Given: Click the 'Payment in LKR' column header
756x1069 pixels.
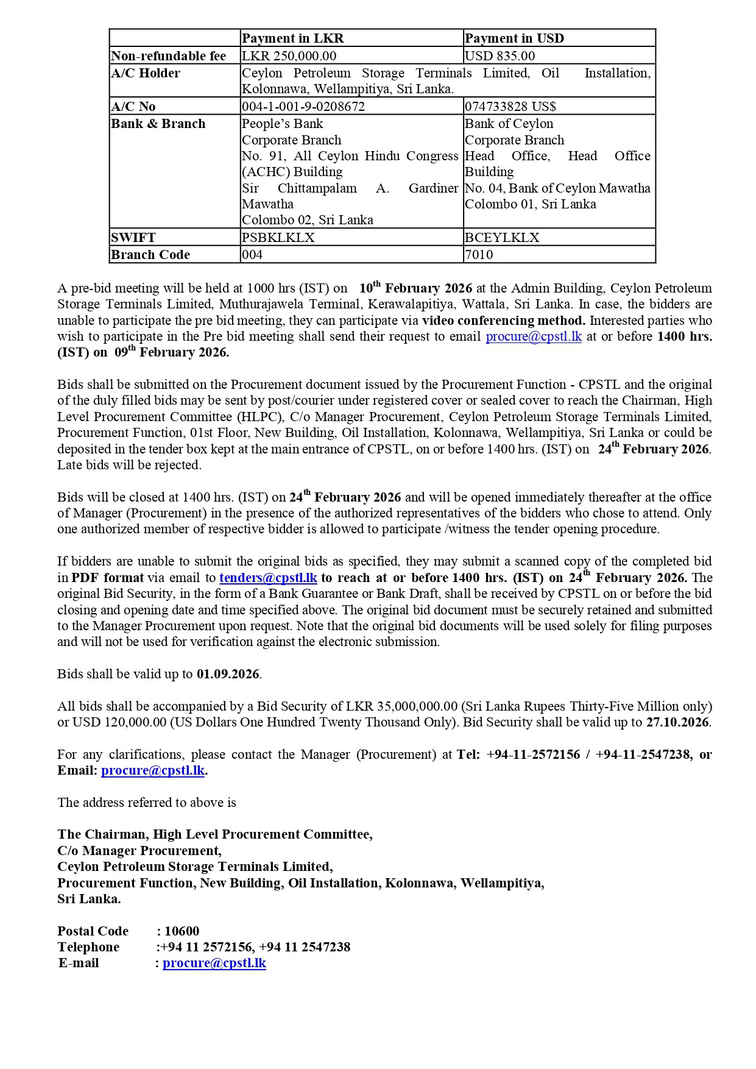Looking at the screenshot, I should pos(293,38).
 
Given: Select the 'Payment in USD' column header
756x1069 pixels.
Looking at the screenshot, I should pos(514,38).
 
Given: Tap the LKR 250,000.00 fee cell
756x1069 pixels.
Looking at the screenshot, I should pos(289,56).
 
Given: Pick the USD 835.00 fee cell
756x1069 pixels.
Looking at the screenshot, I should pos(500,56).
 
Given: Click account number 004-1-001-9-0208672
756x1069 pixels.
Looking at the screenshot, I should pos(303,107).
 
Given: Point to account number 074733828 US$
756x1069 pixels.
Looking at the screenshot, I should pos(510,107).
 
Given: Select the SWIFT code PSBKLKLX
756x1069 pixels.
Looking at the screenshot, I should pos(278,238).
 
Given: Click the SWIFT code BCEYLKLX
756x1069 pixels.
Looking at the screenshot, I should pos(502,238).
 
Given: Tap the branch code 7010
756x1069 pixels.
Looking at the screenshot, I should pos(479,255).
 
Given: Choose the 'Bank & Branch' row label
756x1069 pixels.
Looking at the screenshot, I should pos(158,124).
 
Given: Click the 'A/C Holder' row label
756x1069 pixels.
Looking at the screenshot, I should pos(146,73).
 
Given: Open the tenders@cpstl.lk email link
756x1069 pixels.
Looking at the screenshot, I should pos(268,578).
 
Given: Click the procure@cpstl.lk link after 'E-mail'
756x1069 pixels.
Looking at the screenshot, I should pos(214,963).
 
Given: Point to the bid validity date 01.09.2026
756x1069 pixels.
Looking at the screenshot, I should pos(228,674).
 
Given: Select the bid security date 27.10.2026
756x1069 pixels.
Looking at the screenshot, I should pos(677,722).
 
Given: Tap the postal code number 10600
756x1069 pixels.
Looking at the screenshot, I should pos(182,931).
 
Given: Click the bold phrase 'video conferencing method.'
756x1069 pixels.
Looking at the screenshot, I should pos(504,321).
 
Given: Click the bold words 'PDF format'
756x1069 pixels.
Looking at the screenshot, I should pos(108,578).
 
